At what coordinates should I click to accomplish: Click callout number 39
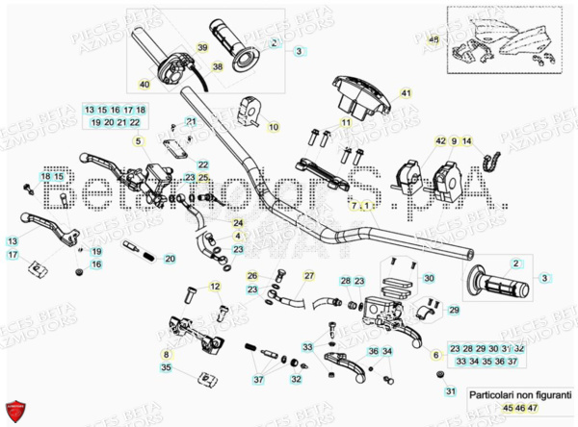tap(203, 48)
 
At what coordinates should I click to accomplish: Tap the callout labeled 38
tap(218, 66)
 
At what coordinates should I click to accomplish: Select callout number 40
tap(144, 85)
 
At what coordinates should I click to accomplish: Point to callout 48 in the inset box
tap(433, 39)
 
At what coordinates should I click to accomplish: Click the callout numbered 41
tap(406, 93)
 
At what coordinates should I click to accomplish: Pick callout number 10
tap(273, 126)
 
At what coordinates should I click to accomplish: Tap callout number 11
tap(344, 123)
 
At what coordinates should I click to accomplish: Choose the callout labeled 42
tap(440, 141)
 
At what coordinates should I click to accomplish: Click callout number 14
tap(468, 141)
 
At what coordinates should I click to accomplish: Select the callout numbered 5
tap(138, 141)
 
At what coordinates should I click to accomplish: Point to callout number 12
tap(215, 286)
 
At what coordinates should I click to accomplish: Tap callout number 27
tap(309, 276)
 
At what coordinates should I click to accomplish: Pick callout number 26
tap(251, 276)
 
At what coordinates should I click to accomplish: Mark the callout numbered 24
tap(238, 223)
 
